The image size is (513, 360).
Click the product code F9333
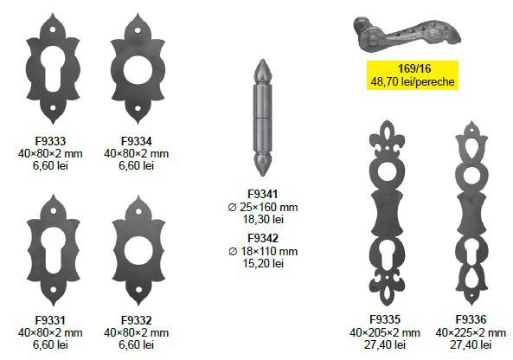point(50,141)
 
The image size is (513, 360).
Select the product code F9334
point(137,141)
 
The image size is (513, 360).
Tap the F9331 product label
point(50,320)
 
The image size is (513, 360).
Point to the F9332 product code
point(137,320)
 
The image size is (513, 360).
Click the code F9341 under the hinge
point(263,194)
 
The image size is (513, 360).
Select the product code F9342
point(263,238)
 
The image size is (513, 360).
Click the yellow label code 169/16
point(413,68)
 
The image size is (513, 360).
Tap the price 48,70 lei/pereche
point(413,81)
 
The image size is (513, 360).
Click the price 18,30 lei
point(263,219)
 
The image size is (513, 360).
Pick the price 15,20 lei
point(263,263)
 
